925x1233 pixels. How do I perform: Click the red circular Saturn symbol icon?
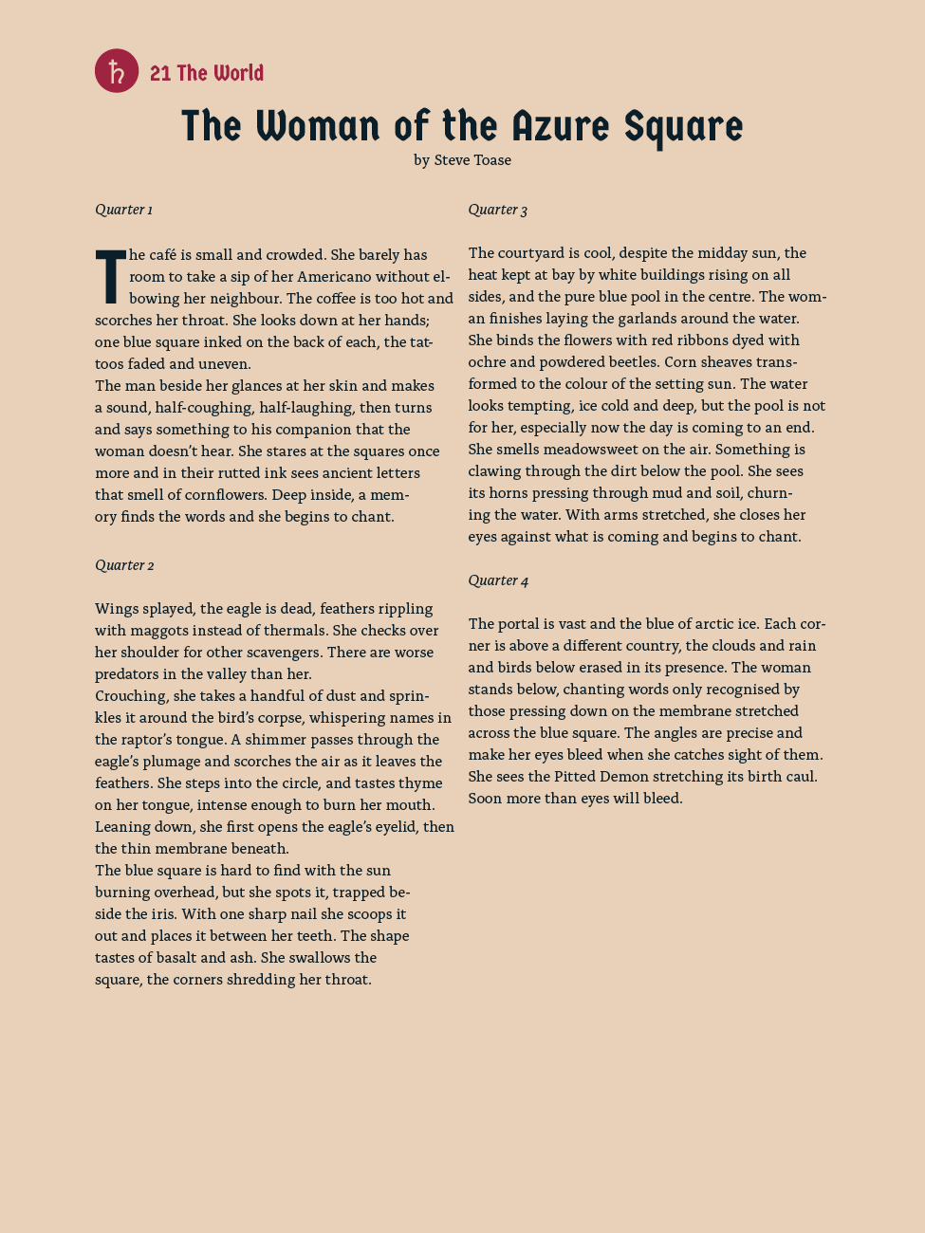pos(117,71)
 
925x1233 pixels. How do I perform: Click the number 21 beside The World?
pos(160,73)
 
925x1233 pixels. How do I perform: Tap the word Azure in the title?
pos(559,126)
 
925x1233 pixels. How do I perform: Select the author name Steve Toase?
pos(472,160)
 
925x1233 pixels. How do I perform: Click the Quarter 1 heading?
pos(123,210)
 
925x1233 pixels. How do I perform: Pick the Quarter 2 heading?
pos(124,565)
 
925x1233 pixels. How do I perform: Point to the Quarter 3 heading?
pos(497,210)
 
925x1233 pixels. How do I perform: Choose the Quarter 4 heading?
pos(498,580)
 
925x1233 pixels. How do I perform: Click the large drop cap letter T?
pos(110,276)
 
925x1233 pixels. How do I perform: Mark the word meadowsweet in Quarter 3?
pos(574,450)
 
